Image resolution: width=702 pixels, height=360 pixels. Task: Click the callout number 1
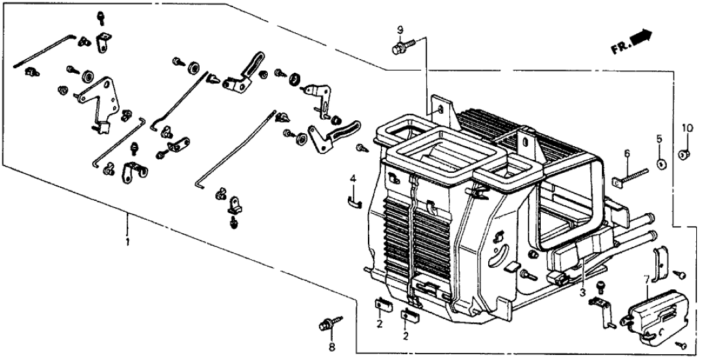127,242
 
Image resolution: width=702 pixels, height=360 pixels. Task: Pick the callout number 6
627,153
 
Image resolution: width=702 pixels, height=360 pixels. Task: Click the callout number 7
645,280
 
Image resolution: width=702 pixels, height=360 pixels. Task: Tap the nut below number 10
684,155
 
